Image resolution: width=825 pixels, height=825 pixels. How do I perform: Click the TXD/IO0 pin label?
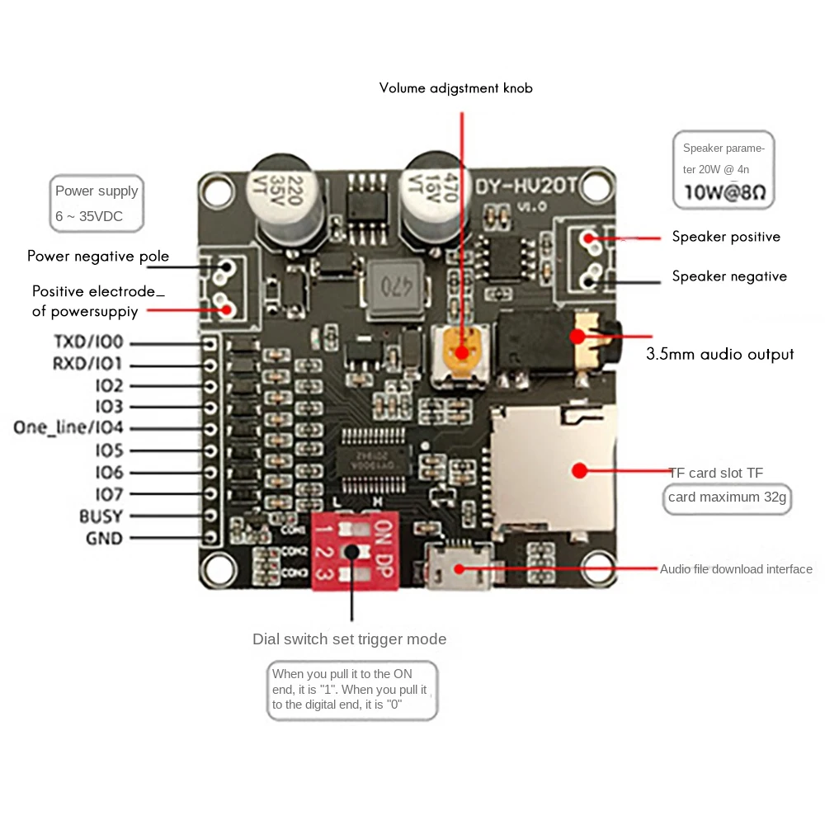coord(87,342)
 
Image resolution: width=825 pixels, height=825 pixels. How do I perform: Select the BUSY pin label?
coord(101,516)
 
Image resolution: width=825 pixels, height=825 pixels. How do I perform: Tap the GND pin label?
coord(104,539)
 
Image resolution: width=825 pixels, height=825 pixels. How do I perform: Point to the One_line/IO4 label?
coord(68,427)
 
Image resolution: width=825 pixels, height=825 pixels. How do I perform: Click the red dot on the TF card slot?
coord(579,471)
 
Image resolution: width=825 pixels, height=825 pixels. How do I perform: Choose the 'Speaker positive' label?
coord(726,237)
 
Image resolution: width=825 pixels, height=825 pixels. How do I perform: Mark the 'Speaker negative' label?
coord(729,276)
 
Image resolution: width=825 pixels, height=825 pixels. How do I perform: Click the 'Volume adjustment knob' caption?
coord(455,87)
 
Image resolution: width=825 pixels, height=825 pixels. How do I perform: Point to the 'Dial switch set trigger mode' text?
coord(349,639)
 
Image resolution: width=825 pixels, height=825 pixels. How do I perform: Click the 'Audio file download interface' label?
coord(736,569)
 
